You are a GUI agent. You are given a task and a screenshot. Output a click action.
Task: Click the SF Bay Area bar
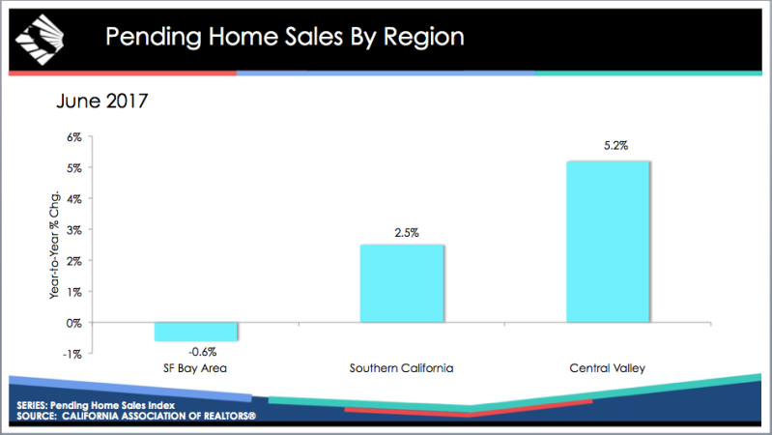click(x=196, y=332)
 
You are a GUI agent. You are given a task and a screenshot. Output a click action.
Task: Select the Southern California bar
click(x=402, y=284)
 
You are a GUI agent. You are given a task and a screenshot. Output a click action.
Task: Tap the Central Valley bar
click(x=608, y=242)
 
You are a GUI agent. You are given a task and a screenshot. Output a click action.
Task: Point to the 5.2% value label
click(x=615, y=146)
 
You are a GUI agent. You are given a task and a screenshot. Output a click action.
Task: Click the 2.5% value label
click(x=407, y=233)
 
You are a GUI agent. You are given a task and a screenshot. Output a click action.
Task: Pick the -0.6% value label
click(x=202, y=352)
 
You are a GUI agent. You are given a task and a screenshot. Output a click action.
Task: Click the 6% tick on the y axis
click(x=74, y=137)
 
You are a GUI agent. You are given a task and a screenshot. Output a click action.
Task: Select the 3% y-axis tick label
click(x=74, y=230)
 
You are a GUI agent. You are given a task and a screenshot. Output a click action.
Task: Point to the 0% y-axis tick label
click(x=74, y=323)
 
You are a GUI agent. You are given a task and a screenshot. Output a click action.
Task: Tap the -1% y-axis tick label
click(x=72, y=354)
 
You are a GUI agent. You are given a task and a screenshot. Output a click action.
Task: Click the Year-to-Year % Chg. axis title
click(x=54, y=245)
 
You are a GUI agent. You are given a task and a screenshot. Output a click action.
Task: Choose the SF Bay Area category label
click(x=195, y=368)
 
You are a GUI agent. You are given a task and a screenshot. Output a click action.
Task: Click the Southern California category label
click(x=401, y=368)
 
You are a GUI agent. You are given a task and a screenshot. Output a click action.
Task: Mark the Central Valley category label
click(x=607, y=368)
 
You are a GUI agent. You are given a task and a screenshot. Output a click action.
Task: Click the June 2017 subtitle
click(x=101, y=101)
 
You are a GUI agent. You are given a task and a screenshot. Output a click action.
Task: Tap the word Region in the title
click(x=424, y=38)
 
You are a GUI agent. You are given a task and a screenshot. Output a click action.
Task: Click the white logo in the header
click(x=40, y=40)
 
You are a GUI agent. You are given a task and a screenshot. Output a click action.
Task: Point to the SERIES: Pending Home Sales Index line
click(x=96, y=405)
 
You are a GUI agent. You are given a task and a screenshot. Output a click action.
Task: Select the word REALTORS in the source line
click(x=227, y=417)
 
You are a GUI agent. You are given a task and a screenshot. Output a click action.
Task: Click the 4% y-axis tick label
click(x=74, y=199)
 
